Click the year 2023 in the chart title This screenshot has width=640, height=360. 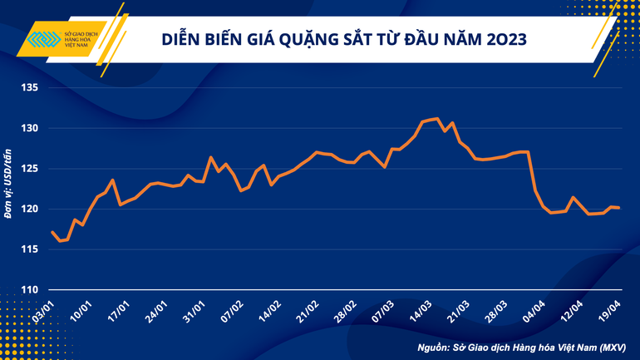tap(500, 39)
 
